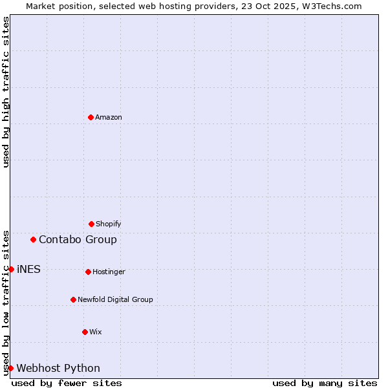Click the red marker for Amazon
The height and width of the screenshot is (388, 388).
pyautogui.click(x=91, y=117)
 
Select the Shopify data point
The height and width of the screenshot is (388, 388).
pyautogui.click(x=91, y=224)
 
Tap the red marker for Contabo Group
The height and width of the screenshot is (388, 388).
pyautogui.click(x=33, y=239)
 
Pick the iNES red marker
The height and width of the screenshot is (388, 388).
pyautogui.click(x=11, y=269)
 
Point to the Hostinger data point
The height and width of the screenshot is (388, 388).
pyautogui.click(x=88, y=272)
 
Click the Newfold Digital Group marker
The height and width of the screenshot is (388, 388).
pyautogui.click(x=73, y=299)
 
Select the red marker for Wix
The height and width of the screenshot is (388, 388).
pyautogui.click(x=85, y=332)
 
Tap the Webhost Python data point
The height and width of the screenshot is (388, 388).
pyautogui.click(x=10, y=368)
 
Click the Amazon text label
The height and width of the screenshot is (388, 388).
pyautogui.click(x=109, y=117)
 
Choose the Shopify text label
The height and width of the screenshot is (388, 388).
pyautogui.click(x=109, y=224)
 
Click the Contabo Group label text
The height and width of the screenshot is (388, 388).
pyautogui.click(x=78, y=239)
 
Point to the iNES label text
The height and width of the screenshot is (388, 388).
pyautogui.click(x=28, y=269)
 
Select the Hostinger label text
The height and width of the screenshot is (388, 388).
pyautogui.click(x=109, y=272)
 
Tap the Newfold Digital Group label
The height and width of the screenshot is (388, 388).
pyautogui.click(x=115, y=299)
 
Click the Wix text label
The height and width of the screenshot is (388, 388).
pyautogui.click(x=96, y=332)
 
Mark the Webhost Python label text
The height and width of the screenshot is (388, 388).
pyautogui.click(x=58, y=368)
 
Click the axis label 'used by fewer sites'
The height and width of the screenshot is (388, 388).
pyautogui.click(x=67, y=383)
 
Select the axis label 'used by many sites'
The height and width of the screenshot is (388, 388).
pyautogui.click(x=325, y=383)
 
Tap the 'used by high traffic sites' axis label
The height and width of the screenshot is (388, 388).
pyautogui.click(x=6, y=92)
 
